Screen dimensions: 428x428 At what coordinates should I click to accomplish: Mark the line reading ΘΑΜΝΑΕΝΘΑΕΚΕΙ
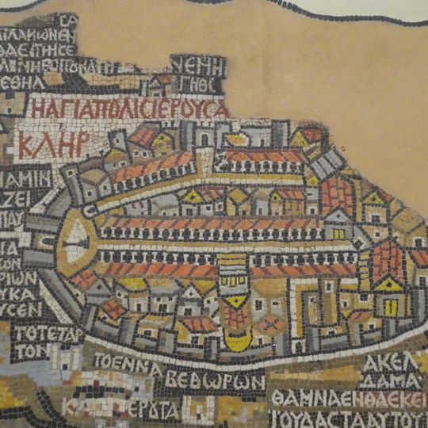pyautogui.click(x=349, y=397)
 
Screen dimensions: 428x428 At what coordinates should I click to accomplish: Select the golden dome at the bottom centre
pyautogui.click(x=237, y=338)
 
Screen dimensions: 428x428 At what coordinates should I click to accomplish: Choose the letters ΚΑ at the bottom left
pyautogui.click(x=75, y=408)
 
